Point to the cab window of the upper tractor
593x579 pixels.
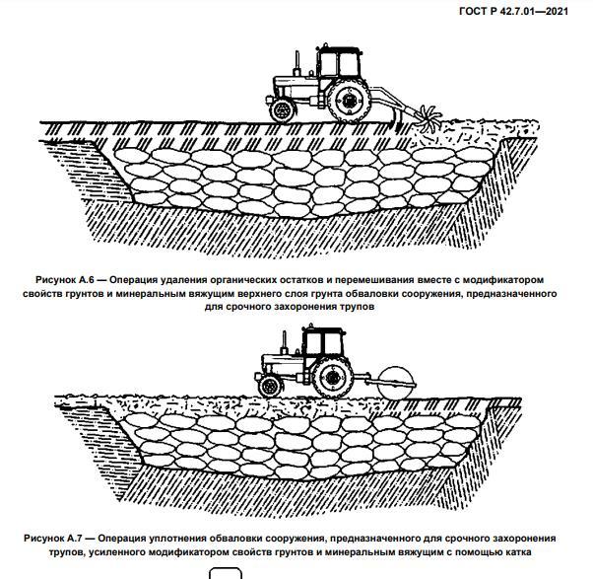tap(340, 65)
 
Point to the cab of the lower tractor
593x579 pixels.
tap(324, 345)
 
